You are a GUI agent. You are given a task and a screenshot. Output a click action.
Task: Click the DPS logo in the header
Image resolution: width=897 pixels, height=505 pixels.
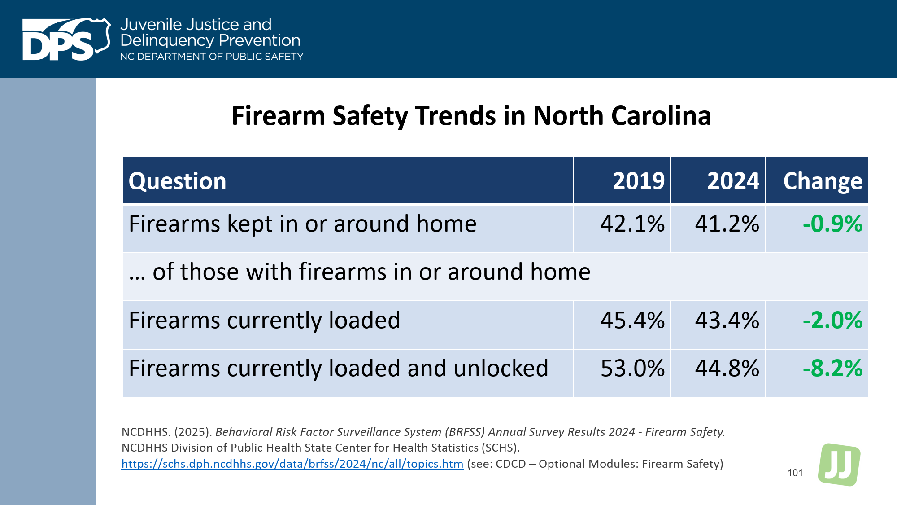click(66, 40)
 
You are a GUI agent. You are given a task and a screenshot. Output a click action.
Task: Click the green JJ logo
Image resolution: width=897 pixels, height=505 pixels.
click(839, 465)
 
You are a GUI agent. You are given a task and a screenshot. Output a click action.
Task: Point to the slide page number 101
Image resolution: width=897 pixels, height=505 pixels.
click(795, 473)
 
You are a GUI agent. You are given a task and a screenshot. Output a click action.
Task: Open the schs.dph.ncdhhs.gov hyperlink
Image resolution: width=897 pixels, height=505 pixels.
click(292, 464)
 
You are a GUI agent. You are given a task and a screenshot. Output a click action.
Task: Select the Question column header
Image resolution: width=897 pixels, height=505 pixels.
click(177, 181)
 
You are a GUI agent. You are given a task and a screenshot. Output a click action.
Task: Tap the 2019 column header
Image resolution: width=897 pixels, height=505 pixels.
click(638, 181)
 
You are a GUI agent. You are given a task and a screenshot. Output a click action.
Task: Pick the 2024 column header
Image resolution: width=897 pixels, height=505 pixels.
click(733, 181)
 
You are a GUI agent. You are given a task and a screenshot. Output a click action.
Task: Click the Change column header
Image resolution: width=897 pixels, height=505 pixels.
click(822, 181)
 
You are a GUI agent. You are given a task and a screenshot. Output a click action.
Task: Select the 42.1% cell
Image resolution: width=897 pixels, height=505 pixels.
click(632, 224)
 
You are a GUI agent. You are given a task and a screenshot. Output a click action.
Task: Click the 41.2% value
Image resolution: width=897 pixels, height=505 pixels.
click(727, 224)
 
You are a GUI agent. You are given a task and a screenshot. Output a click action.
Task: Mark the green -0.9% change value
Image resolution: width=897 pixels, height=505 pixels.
click(832, 224)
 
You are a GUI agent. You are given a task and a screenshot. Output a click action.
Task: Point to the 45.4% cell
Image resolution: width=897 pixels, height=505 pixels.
click(632, 321)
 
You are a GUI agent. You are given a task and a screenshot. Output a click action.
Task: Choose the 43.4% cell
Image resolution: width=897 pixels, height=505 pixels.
click(727, 321)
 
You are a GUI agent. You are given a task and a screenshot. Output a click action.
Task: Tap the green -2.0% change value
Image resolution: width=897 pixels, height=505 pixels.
click(832, 321)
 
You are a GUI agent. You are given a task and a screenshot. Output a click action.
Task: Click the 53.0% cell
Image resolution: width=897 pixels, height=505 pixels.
click(632, 369)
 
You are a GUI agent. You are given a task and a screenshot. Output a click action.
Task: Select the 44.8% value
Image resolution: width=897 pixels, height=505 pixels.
click(727, 369)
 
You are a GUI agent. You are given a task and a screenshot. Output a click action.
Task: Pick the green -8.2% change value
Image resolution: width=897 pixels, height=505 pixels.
click(832, 369)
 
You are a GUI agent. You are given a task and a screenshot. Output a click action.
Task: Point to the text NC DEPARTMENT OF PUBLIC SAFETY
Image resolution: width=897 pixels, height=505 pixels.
click(211, 57)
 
